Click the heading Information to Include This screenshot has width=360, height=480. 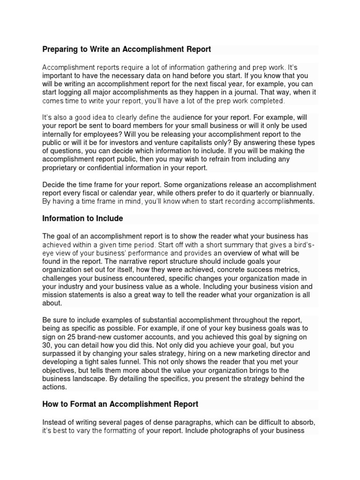(82, 218)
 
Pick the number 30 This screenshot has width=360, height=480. (47, 345)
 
